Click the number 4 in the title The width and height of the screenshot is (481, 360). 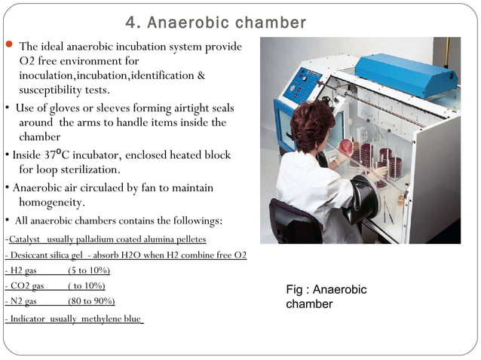click(130, 23)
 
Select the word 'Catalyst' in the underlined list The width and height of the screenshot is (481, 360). click(25, 239)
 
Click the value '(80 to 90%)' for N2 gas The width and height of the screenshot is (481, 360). click(91, 301)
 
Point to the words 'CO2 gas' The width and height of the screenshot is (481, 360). click(27, 286)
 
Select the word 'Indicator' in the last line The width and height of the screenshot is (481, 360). click(26, 319)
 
